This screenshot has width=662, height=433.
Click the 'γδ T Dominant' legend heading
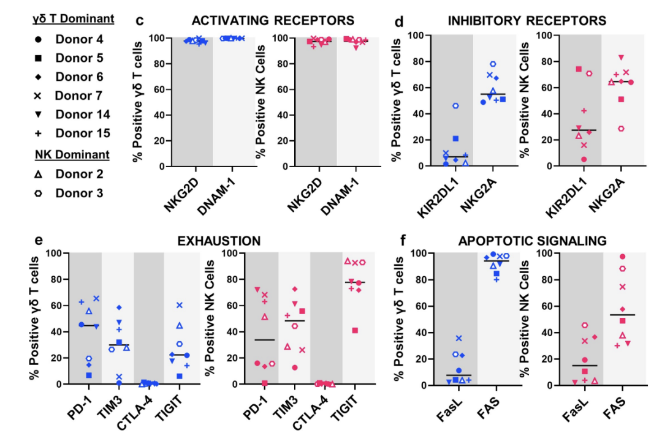pyautogui.click(x=73, y=18)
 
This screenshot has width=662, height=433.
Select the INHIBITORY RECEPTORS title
pyautogui.click(x=527, y=21)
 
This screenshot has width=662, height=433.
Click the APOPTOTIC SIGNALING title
pyautogui.click(x=532, y=240)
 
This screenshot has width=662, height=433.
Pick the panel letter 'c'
pyautogui.click(x=139, y=20)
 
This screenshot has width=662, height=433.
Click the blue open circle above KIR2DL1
pyautogui.click(x=456, y=106)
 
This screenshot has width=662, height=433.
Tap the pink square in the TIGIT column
pyautogui.click(x=354, y=331)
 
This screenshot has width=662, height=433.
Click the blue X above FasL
pyautogui.click(x=458, y=338)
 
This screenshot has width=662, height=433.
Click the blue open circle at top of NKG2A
pyautogui.click(x=492, y=64)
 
